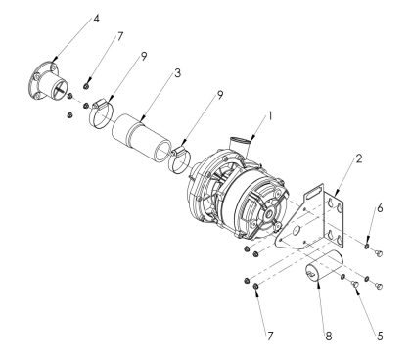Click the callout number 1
point(270,116)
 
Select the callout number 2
point(359,158)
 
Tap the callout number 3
point(177,73)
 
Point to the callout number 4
point(96,19)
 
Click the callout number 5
point(380,336)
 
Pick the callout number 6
point(380,208)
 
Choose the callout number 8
point(329,336)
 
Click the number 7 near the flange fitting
point(120,36)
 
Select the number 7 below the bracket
point(270,336)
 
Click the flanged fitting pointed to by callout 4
point(48,81)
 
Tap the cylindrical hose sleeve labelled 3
point(141,137)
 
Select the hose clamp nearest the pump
point(179,159)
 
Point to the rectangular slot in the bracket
point(313,192)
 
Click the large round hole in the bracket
point(297,231)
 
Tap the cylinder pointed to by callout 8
point(324,269)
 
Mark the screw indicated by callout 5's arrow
point(355,285)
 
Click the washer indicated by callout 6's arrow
point(367,246)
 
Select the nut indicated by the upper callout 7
point(86,86)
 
